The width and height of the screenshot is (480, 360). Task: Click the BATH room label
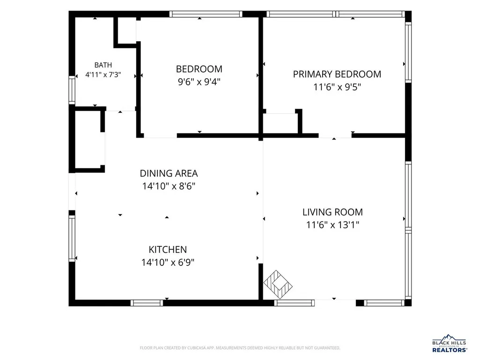click(x=103, y=65)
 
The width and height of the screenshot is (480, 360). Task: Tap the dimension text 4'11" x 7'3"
click(x=103, y=74)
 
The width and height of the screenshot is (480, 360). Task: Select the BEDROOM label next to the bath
click(x=199, y=69)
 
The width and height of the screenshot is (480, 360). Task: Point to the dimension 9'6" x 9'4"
click(x=199, y=82)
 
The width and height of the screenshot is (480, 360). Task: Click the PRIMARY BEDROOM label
click(x=337, y=74)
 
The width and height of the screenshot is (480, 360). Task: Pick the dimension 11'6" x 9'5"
click(x=337, y=87)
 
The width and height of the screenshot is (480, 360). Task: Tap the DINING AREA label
click(x=169, y=173)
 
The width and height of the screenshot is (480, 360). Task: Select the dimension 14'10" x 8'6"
click(x=169, y=186)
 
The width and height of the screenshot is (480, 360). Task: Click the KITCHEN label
click(x=168, y=250)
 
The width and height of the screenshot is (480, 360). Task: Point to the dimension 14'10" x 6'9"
click(x=168, y=263)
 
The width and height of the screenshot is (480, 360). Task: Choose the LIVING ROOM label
click(x=333, y=212)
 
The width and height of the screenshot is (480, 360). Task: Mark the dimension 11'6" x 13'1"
click(x=333, y=225)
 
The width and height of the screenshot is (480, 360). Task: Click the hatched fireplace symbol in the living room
click(x=278, y=284)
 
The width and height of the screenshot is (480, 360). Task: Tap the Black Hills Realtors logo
click(x=450, y=344)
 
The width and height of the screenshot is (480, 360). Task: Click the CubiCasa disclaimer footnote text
click(x=240, y=348)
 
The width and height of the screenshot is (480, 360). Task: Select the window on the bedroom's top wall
click(x=206, y=14)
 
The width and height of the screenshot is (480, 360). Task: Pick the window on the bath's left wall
click(x=72, y=90)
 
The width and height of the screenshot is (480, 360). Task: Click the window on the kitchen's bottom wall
click(x=147, y=303)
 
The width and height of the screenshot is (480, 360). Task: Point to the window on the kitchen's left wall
click(x=72, y=238)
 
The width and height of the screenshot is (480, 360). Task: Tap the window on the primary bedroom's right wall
click(x=408, y=52)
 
